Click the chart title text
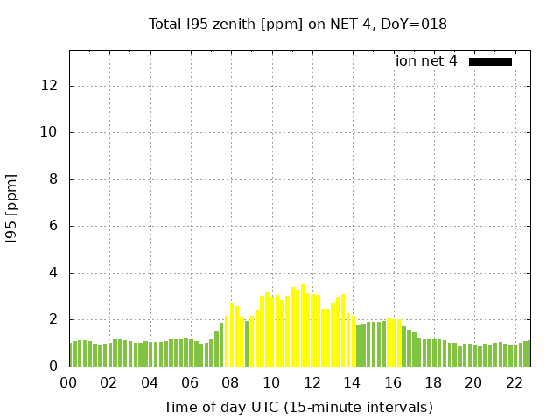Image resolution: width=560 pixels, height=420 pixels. [297, 24]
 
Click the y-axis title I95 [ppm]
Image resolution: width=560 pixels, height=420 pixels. [12, 208]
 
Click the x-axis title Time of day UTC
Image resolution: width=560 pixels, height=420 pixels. [297, 407]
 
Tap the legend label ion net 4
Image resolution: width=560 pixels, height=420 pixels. [426, 61]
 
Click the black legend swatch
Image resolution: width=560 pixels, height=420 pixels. [490, 61]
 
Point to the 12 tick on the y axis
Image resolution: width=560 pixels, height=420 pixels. [50, 86]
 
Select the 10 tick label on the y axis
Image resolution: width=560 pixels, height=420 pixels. [50, 133]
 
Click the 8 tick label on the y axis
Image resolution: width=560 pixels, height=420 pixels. [53, 179]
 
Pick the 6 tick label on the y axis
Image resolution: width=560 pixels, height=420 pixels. [53, 227]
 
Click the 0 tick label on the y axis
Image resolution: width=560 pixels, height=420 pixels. [53, 367]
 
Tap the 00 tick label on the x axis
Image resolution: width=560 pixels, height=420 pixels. [68, 382]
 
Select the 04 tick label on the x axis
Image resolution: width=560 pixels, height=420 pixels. [150, 382]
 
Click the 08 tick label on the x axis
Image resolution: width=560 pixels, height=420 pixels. [231, 382]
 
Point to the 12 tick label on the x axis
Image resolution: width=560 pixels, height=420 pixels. [311, 382]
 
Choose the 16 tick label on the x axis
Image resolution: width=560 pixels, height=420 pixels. [393, 382]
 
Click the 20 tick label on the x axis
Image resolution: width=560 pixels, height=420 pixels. [473, 382]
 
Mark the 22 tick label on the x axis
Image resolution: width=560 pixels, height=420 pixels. [514, 382]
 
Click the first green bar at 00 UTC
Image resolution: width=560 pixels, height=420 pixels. [71, 354]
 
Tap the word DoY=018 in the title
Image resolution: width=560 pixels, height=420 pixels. [417, 24]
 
